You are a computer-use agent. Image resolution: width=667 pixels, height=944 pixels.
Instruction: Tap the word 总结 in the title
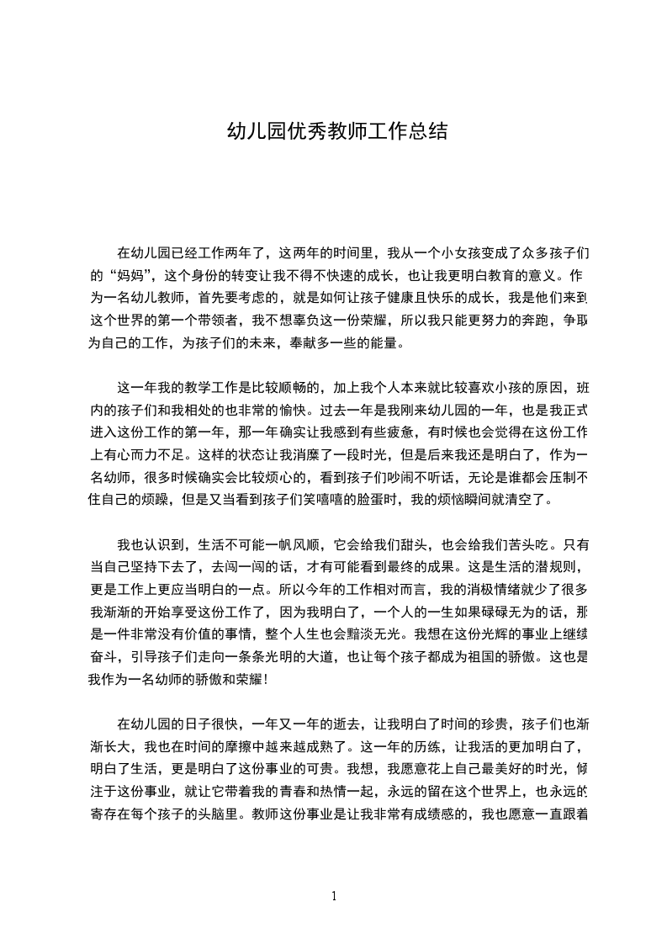click(x=427, y=132)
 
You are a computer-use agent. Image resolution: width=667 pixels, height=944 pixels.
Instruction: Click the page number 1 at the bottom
click(x=334, y=896)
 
